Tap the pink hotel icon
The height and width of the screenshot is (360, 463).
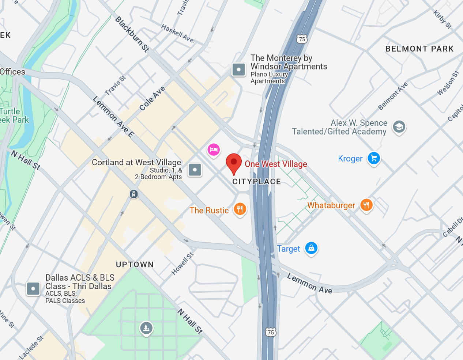tap(214, 149)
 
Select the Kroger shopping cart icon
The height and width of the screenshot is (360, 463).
tap(374, 158)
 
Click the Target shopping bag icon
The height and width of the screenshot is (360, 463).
tap(311, 248)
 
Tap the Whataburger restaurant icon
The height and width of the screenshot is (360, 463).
tap(366, 205)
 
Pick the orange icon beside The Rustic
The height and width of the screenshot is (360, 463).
tap(240, 209)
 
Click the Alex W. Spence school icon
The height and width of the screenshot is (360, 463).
tap(399, 127)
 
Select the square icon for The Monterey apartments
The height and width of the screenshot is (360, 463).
tap(239, 69)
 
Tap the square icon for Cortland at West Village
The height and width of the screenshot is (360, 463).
tap(195, 170)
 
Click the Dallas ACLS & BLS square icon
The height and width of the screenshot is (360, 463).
tap(33, 288)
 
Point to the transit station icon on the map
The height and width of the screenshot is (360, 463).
tap(134, 194)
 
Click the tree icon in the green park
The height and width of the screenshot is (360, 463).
tap(146, 327)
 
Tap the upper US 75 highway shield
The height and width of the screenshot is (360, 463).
tap(302, 39)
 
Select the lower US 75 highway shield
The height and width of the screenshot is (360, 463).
tap(271, 332)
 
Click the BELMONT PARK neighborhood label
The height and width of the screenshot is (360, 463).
tap(419, 49)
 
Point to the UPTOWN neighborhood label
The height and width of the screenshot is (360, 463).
tap(135, 264)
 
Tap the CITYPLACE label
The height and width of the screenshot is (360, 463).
tap(257, 182)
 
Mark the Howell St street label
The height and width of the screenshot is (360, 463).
tap(182, 264)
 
